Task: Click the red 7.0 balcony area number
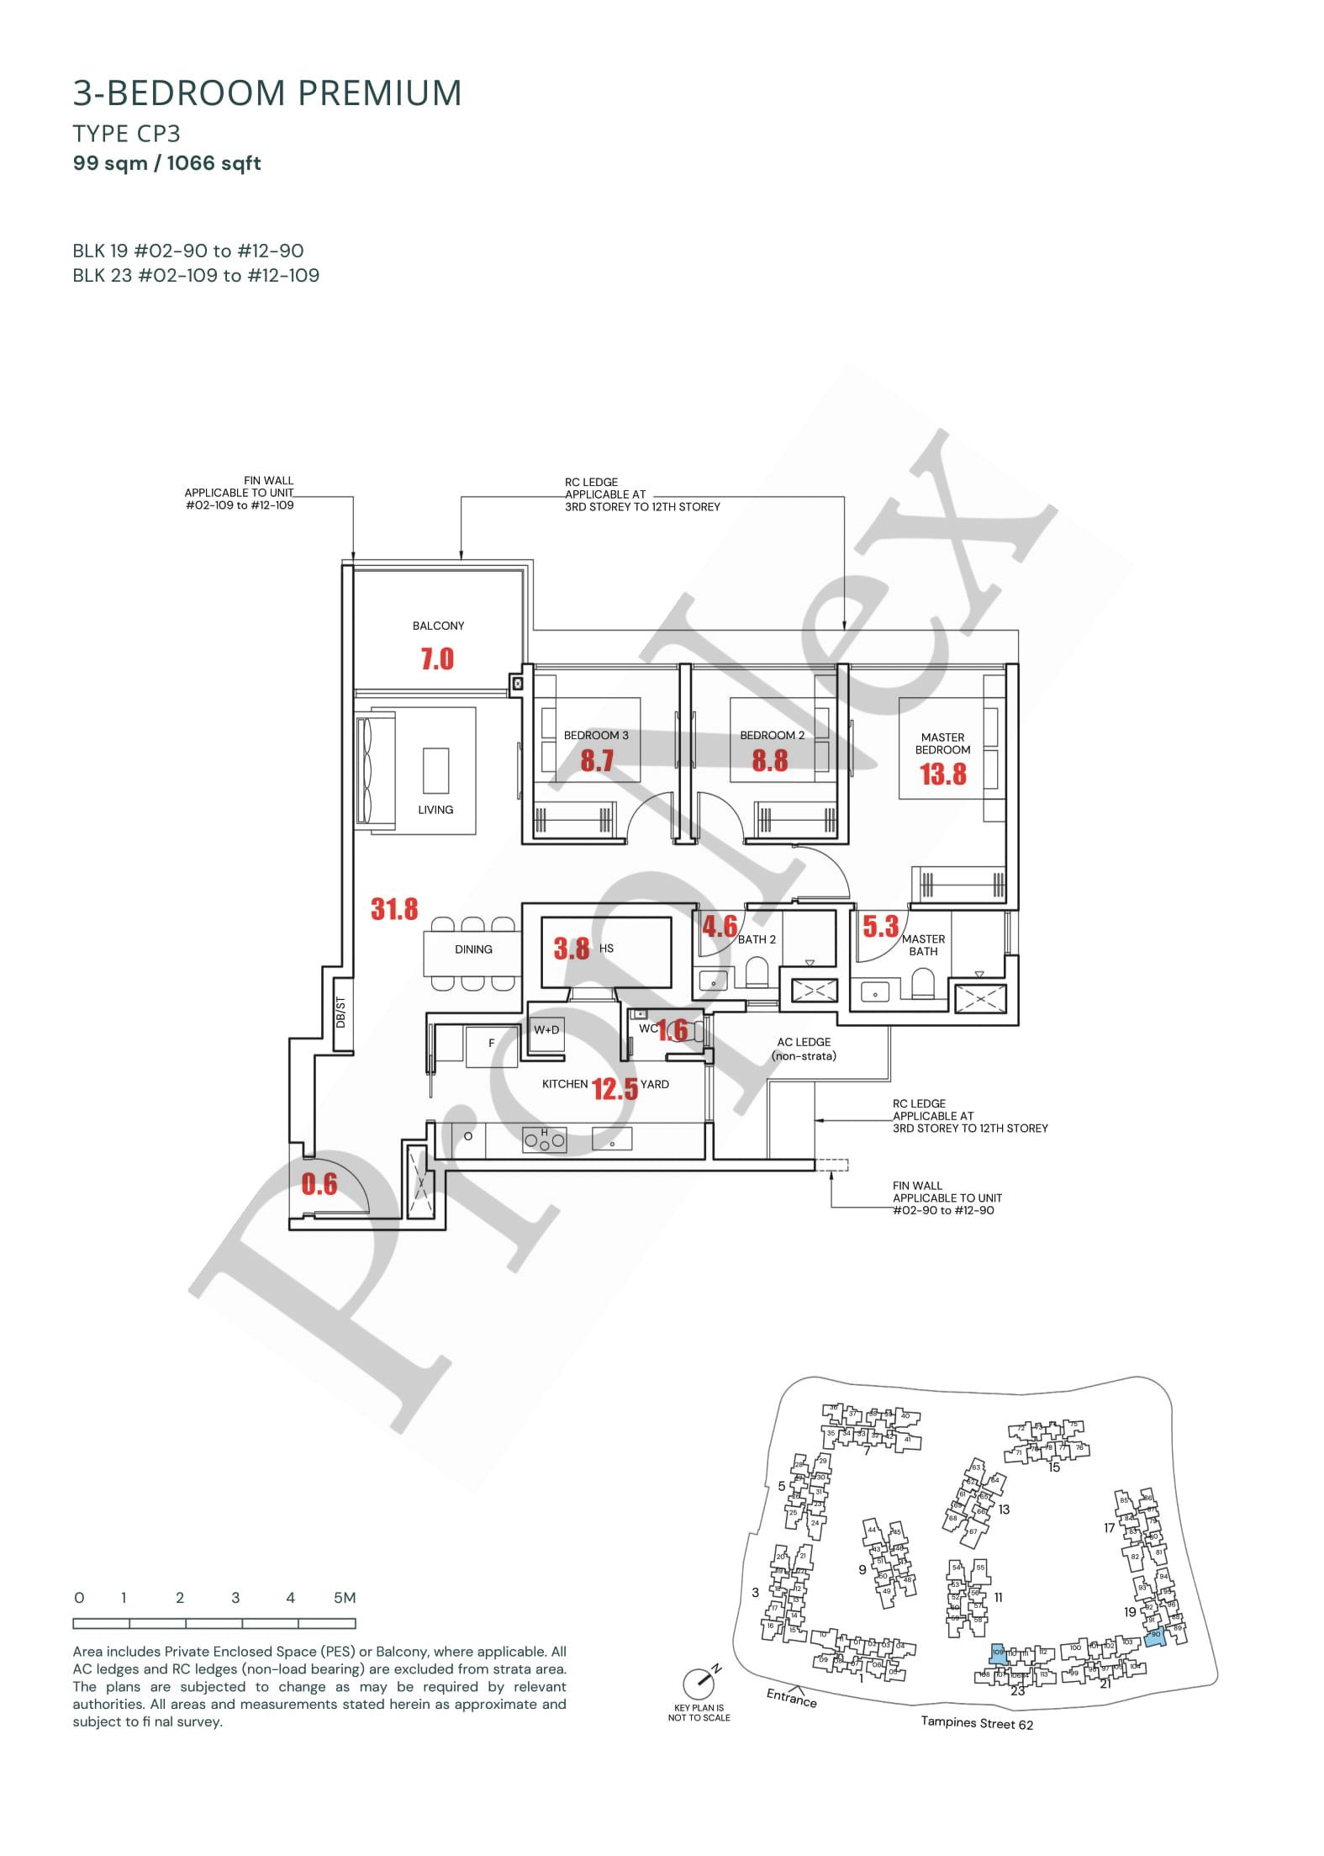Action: pos(437,658)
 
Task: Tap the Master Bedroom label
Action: pos(942,743)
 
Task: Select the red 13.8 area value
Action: pos(943,774)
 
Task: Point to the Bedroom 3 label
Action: pos(596,735)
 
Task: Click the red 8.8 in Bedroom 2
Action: pos(770,760)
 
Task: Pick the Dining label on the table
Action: pos(473,949)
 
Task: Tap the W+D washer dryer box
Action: pos(546,1029)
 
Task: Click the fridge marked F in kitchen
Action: pos(492,1044)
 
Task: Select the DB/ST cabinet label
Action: pos(340,1013)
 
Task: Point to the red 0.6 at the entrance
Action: pos(319,1185)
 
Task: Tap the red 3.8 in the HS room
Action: pos(572,949)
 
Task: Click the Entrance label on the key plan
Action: pos(791,1697)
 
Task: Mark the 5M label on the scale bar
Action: pos(345,1598)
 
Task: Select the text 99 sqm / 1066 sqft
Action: pos(167,163)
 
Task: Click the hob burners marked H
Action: pos(545,1140)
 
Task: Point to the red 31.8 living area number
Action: pos(394,909)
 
